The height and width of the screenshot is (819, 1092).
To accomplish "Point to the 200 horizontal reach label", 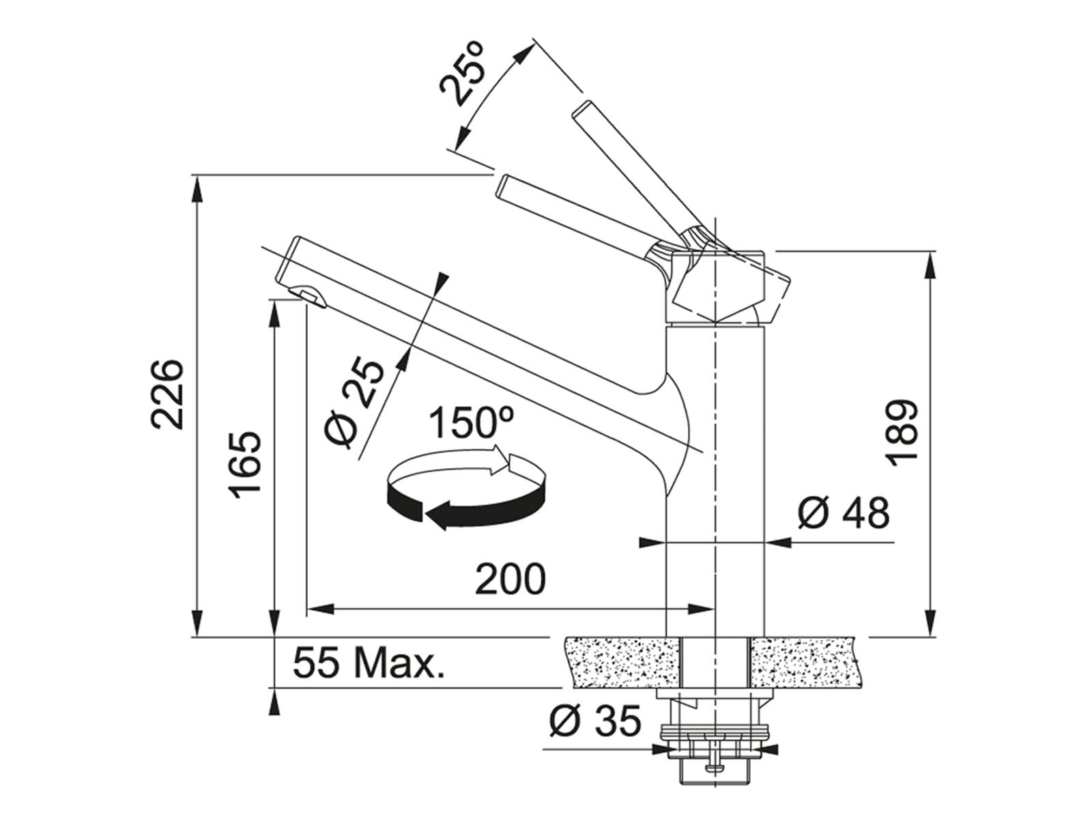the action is click(x=511, y=579).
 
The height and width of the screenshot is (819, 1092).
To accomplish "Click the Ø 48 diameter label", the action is click(x=843, y=512).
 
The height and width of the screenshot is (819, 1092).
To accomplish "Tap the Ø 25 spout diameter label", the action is click(x=354, y=403).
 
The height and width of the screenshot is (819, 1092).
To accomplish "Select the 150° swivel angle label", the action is click(x=471, y=422).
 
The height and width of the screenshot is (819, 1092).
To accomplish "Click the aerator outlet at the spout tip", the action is click(x=306, y=295).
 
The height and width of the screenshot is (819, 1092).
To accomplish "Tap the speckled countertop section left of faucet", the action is click(x=622, y=661).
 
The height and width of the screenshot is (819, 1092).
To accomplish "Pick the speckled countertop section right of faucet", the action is click(x=808, y=661).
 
